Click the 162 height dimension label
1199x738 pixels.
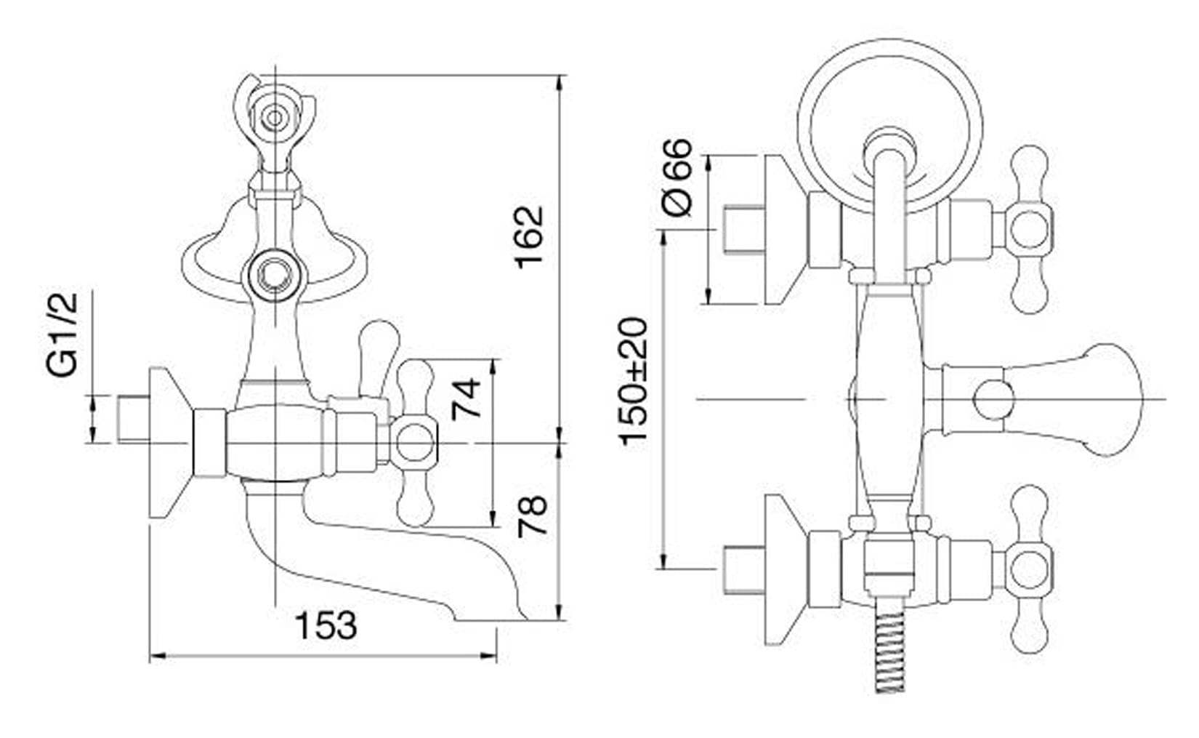tap(529, 237)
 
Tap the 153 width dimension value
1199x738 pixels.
tap(326, 625)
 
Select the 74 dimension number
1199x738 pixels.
tap(466, 399)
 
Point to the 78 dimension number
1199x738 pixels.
tap(533, 517)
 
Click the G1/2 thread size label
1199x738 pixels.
tap(62, 334)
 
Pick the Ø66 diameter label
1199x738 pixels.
tap(677, 177)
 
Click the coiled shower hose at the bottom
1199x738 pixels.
tap(889, 650)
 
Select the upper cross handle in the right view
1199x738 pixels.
tap(1029, 230)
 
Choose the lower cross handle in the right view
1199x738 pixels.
tap(1029, 569)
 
